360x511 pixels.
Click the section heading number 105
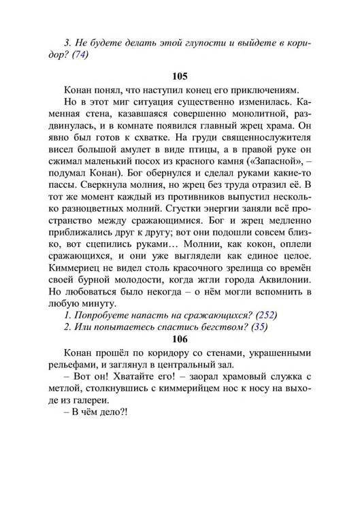[180, 75]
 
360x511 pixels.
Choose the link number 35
[258, 326]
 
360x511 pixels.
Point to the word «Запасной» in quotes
[274, 171]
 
